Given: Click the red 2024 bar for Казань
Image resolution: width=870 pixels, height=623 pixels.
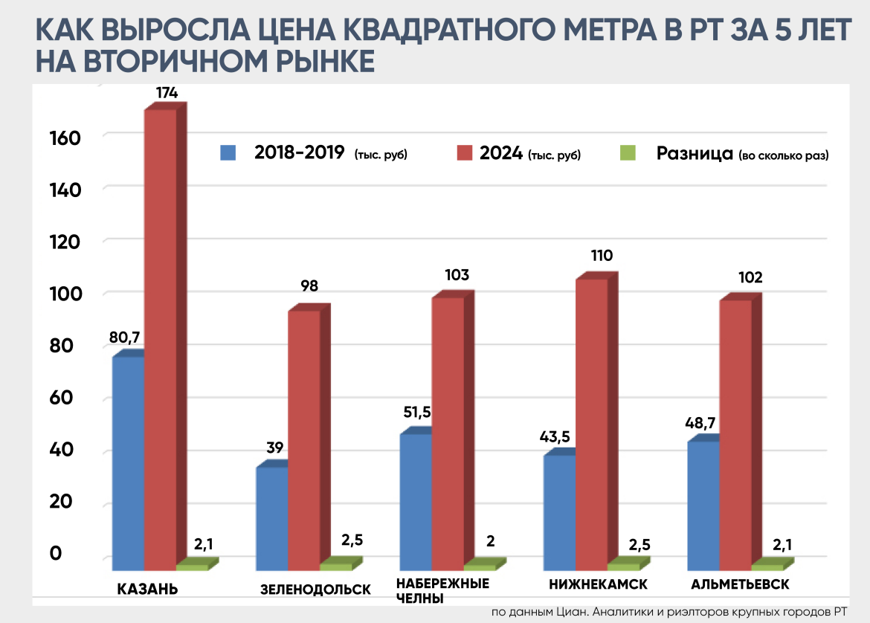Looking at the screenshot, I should (x=160, y=335).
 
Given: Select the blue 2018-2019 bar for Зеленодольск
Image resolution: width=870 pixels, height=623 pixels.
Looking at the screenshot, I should (x=271, y=513).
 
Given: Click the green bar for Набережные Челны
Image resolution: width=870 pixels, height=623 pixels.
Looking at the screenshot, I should (x=480, y=567).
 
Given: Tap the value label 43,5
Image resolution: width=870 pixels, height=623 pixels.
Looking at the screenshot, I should (x=555, y=436).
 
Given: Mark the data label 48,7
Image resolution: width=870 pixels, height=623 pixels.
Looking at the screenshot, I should (x=700, y=422).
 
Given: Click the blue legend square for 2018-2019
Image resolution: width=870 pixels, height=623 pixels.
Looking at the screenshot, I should (x=228, y=153).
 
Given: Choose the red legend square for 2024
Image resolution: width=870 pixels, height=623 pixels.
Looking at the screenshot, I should (x=465, y=153).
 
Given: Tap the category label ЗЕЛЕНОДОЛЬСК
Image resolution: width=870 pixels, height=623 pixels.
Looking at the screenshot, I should (x=315, y=590).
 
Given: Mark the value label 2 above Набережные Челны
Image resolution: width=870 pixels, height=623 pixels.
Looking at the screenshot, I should (x=490, y=540).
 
